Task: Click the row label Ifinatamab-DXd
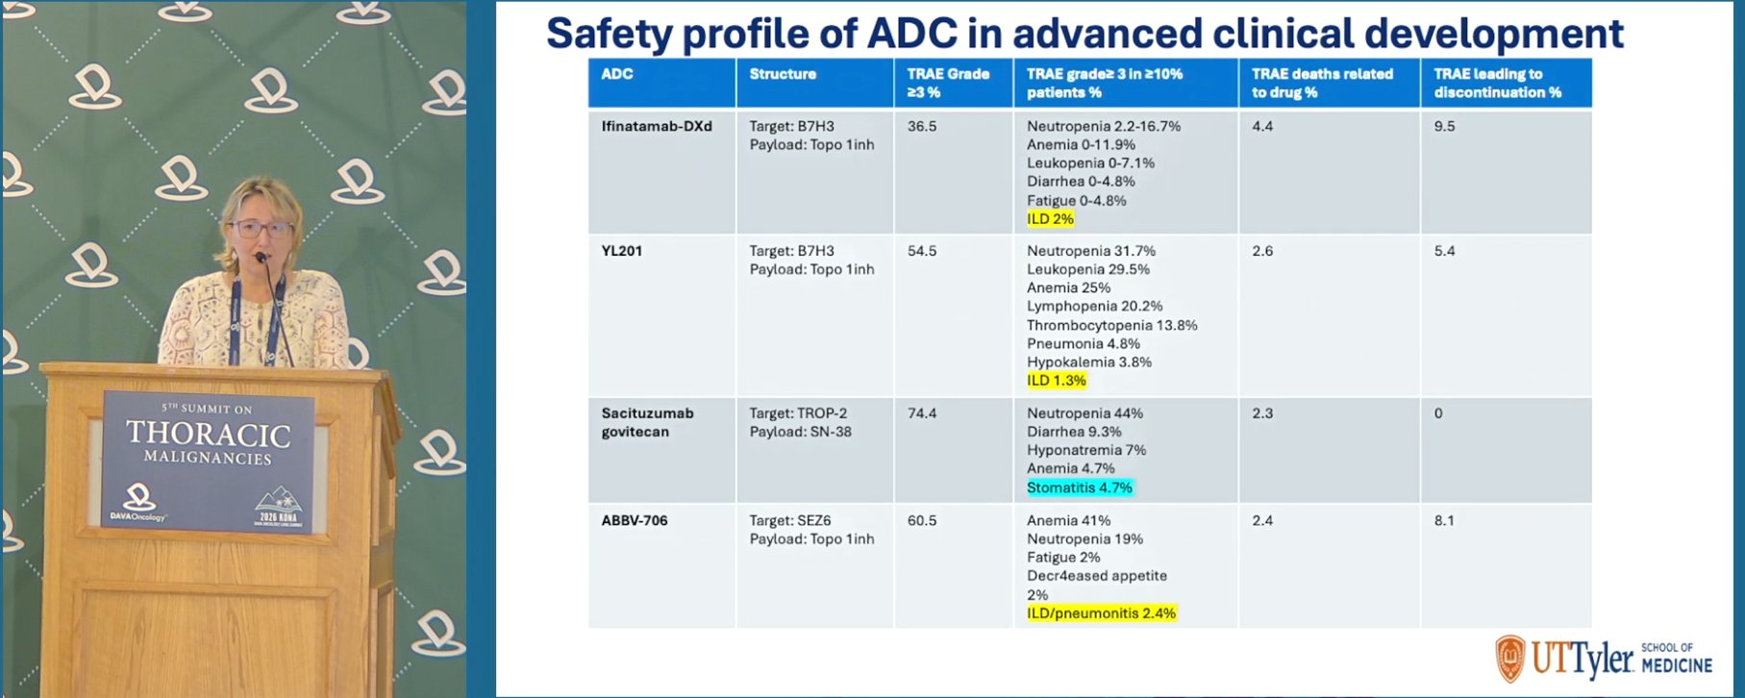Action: (657, 126)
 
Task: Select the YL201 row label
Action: (622, 251)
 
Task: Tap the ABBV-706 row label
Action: (635, 520)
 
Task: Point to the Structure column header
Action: (783, 74)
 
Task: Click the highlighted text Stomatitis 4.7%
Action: (1080, 487)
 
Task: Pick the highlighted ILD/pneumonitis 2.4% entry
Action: (1101, 613)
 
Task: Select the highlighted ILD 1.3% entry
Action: (1056, 381)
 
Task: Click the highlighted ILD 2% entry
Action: (1050, 219)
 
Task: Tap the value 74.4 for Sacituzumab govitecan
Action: (922, 413)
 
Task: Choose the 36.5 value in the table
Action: (922, 126)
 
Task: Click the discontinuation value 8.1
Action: (1444, 520)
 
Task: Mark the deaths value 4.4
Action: (1262, 126)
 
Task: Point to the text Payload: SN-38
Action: (801, 432)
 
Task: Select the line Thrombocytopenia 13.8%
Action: (1112, 325)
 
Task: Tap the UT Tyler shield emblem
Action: (1509, 659)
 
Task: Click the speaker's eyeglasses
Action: (261, 229)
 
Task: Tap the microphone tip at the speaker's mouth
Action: (260, 258)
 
